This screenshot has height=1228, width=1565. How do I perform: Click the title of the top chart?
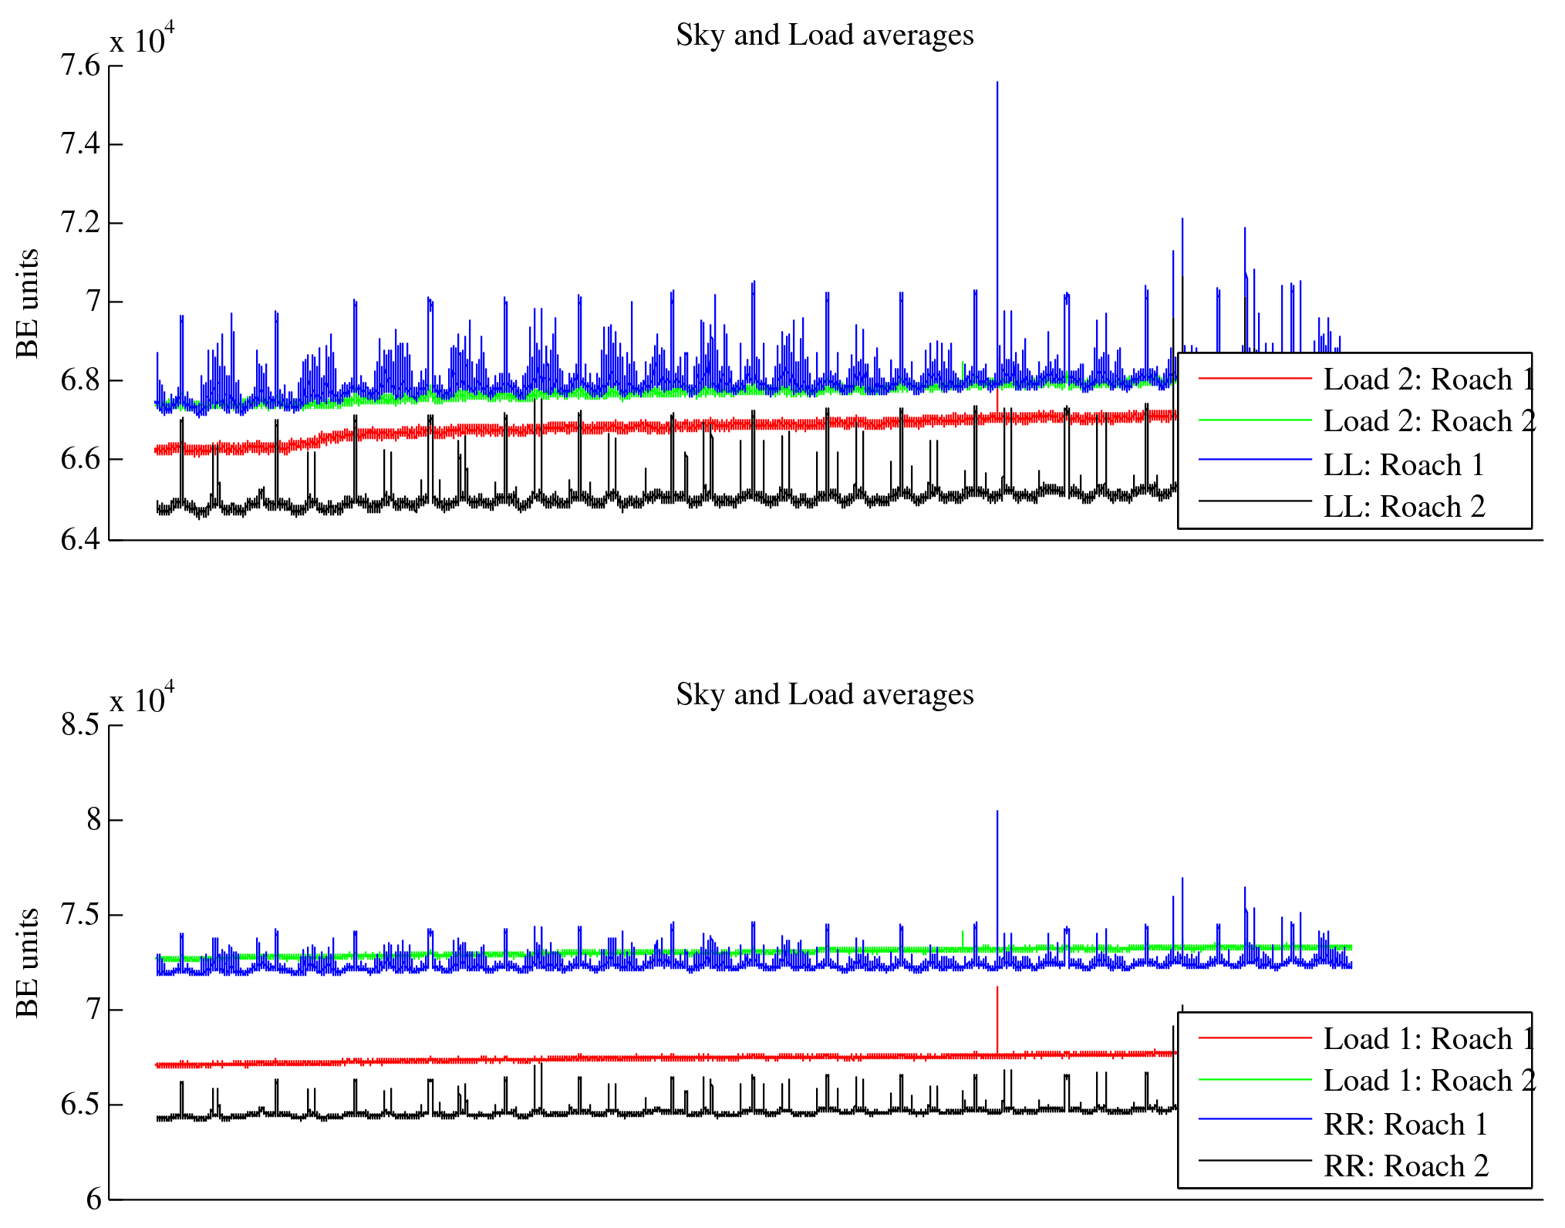tap(825, 35)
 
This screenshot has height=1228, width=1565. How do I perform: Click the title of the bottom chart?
tap(825, 695)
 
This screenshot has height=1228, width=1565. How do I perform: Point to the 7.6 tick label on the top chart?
tap(80, 66)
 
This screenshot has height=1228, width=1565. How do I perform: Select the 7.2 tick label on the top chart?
tap(80, 223)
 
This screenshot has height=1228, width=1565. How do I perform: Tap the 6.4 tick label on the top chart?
tap(80, 539)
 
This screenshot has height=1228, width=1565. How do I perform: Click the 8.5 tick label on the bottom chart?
tap(80, 725)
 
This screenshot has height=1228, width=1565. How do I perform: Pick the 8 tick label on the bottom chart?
tap(93, 820)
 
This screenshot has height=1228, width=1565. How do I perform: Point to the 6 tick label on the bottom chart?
tap(93, 1199)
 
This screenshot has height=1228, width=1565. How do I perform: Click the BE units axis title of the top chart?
tap(28, 303)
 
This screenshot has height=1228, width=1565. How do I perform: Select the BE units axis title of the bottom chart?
tap(28, 963)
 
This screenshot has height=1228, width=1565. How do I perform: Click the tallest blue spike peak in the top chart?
tap(997, 83)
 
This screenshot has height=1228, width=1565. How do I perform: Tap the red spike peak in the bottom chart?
tap(997, 988)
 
